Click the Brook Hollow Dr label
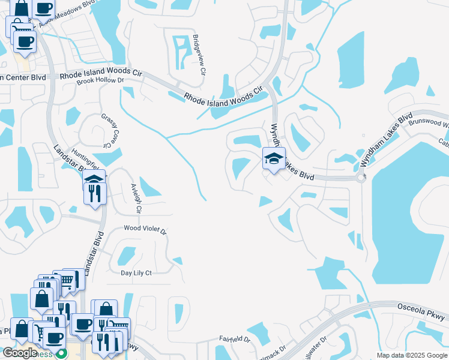point(100,80)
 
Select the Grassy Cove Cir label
point(107,131)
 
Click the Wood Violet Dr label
point(145,229)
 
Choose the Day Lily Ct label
point(136,273)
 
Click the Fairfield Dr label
point(234,339)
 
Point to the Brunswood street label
point(428,122)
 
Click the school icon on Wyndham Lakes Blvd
point(274,159)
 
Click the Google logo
point(20,353)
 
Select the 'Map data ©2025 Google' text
point(411,355)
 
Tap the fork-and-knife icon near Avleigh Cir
point(95,193)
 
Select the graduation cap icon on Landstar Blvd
point(94,178)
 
